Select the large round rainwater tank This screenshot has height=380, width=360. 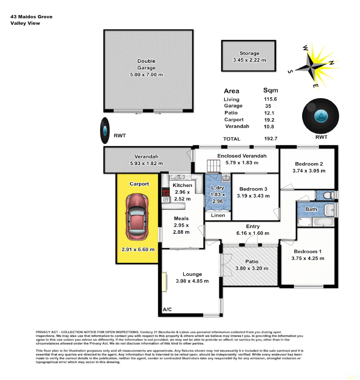click(321, 116)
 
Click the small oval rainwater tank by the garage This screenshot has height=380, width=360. click(105, 131)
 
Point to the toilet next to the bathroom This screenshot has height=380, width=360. click(327, 195)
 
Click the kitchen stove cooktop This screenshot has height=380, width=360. click(166, 192)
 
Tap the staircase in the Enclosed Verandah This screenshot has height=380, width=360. click(213, 165)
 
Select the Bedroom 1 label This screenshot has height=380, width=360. click(308, 252)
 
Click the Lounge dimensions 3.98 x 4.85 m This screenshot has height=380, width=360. click(192, 281)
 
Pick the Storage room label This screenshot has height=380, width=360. click(249, 53)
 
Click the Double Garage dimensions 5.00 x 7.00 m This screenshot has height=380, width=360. click(146, 75)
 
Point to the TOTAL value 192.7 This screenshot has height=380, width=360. click(271, 139)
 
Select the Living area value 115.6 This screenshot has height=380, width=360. click(271, 99)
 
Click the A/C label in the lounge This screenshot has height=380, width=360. click(167, 309)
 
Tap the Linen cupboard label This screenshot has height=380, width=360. click(218, 215)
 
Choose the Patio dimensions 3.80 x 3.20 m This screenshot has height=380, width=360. click(252, 268)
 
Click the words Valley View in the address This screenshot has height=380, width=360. click(25, 23)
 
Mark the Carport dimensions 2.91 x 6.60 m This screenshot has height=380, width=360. click(138, 249)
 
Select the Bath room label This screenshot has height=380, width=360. click(311, 209)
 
